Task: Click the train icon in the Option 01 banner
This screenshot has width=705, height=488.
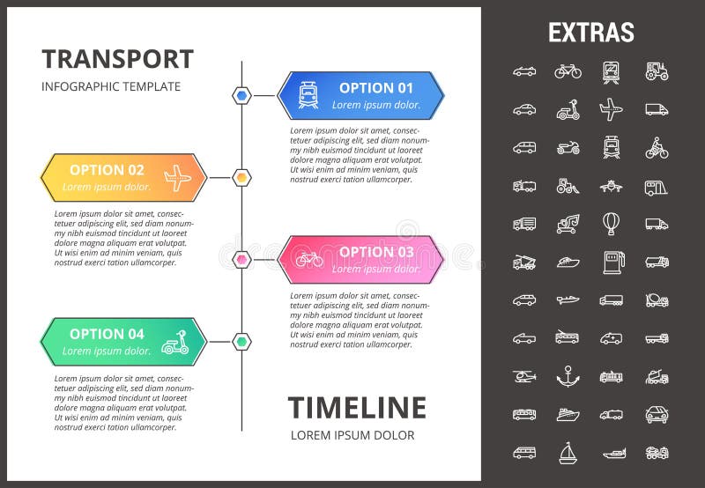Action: click(x=308, y=95)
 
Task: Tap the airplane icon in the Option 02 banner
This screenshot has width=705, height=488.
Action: click(x=177, y=178)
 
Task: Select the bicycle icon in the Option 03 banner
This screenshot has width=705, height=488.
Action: click(x=309, y=259)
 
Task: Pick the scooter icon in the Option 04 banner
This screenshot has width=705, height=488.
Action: click(x=174, y=342)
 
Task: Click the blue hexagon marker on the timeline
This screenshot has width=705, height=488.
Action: click(x=241, y=95)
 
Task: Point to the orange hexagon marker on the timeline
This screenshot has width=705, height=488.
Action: click(x=241, y=178)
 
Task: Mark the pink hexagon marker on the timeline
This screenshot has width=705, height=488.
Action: click(x=241, y=259)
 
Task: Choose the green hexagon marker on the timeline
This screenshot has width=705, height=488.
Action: click(x=241, y=342)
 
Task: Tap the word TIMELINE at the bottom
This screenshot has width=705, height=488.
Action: click(x=357, y=408)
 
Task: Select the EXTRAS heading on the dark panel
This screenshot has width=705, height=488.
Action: click(x=590, y=33)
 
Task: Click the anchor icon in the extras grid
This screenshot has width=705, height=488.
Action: click(x=568, y=376)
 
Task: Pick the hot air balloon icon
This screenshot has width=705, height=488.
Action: click(x=611, y=223)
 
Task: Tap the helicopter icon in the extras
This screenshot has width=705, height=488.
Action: click(x=524, y=376)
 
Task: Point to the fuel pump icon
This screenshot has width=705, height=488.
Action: click(x=611, y=261)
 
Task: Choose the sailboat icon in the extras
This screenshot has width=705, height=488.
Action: click(x=568, y=453)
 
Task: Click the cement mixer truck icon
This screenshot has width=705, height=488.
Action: click(x=657, y=299)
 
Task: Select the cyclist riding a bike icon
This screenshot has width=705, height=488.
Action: click(x=657, y=147)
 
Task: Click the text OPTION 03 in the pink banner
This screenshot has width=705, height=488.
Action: click(x=376, y=252)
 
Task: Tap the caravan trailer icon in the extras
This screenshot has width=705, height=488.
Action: click(x=657, y=186)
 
